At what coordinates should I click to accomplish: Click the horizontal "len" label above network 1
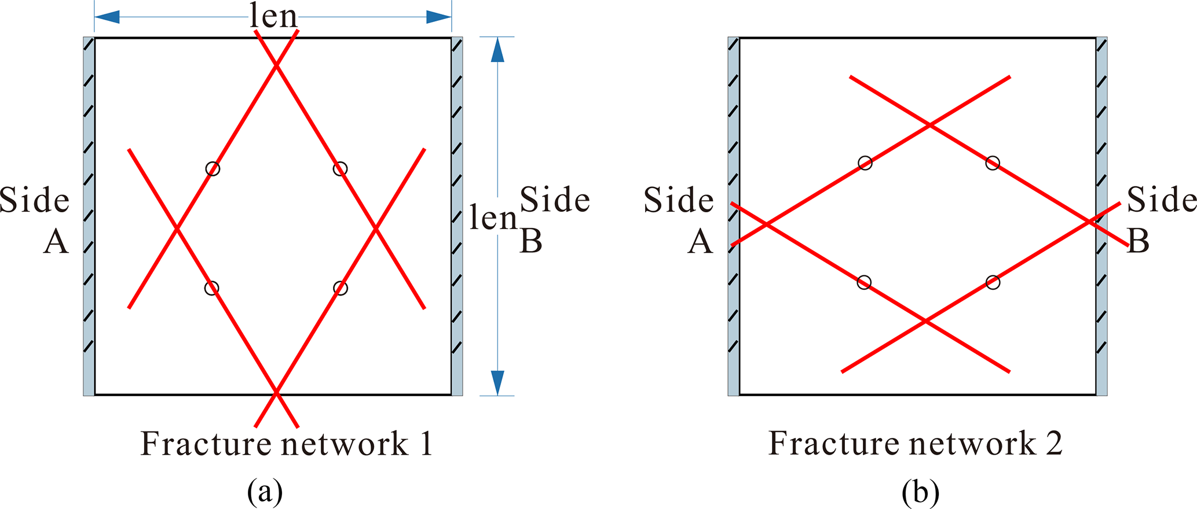(273, 17)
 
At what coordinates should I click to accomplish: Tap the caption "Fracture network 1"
(286, 444)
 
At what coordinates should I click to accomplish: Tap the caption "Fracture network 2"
(915, 444)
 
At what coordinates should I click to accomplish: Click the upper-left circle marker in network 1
(213, 168)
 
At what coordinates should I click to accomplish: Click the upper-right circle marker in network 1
(340, 168)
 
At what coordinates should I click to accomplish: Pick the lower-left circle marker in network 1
(212, 288)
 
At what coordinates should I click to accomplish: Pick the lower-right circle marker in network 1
(341, 288)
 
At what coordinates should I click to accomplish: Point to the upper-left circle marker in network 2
(865, 163)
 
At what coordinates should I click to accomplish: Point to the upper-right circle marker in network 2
(993, 163)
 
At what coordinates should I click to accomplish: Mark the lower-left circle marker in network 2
(863, 282)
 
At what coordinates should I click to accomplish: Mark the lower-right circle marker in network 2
(993, 282)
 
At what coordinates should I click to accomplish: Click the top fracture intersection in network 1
(276, 66)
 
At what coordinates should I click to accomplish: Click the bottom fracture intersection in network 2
(925, 321)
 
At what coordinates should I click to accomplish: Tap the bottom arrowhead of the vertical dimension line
(497, 382)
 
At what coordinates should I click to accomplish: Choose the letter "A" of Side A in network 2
(700, 242)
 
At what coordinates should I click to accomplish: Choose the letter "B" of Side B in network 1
(531, 242)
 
